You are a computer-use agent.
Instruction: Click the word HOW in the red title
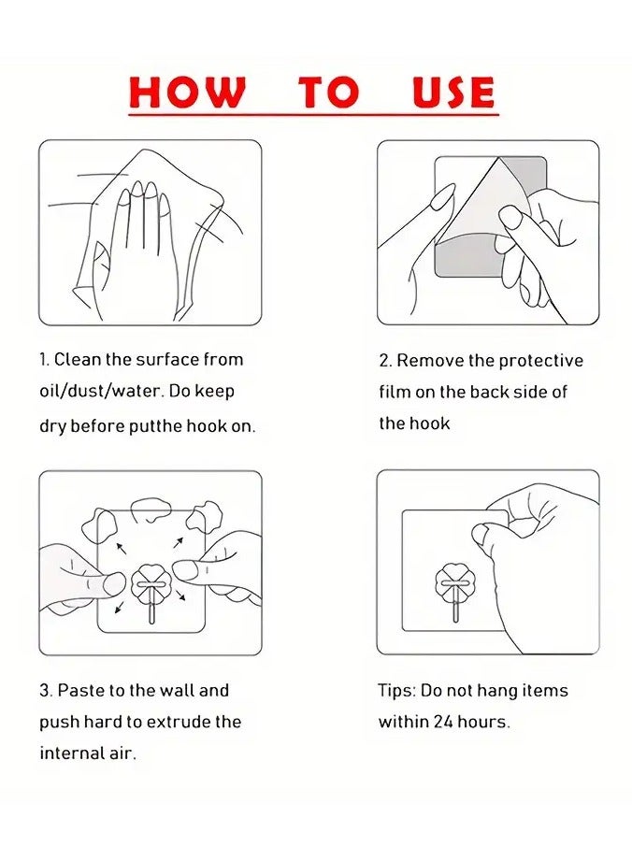pyautogui.click(x=187, y=92)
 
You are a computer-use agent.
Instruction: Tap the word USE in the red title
pyautogui.click(x=453, y=92)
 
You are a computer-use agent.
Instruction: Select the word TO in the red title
pyautogui.click(x=329, y=92)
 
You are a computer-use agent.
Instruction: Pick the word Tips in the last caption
pyautogui.click(x=396, y=691)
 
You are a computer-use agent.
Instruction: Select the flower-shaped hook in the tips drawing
pyautogui.click(x=455, y=583)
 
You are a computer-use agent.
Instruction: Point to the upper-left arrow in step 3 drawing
pyautogui.click(x=122, y=548)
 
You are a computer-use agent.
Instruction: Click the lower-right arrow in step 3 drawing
pyautogui.click(x=180, y=595)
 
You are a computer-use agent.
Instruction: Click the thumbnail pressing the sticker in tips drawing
pyautogui.click(x=481, y=533)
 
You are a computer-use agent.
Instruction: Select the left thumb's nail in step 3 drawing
pyautogui.click(x=115, y=583)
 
